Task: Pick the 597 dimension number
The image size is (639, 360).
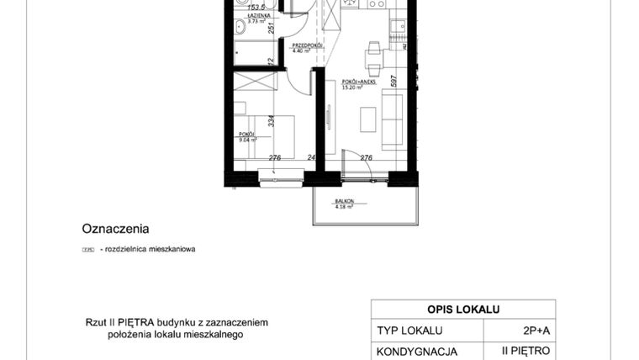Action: click(393, 81)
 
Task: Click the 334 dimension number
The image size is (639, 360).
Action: click(271, 121)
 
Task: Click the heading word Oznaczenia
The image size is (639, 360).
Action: click(115, 227)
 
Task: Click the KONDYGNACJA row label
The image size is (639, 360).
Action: click(417, 351)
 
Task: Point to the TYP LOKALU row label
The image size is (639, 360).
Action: click(409, 331)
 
